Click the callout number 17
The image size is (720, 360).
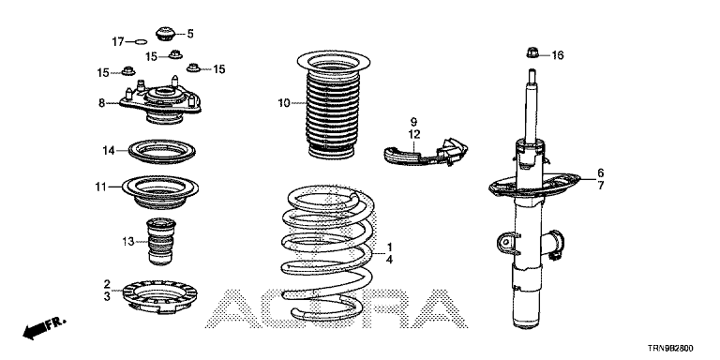(x=118, y=42)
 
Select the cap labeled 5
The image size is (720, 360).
(x=165, y=34)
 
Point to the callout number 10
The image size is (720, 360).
(x=284, y=103)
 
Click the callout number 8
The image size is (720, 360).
(x=102, y=103)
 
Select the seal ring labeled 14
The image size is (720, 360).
(x=161, y=151)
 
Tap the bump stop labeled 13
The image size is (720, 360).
(x=160, y=242)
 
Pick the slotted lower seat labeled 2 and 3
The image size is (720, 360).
(x=159, y=296)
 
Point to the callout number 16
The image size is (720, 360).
(x=558, y=55)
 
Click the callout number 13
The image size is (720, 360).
(x=128, y=241)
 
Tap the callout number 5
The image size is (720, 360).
(x=190, y=34)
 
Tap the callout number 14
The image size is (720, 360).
(x=109, y=150)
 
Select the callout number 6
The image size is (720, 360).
(x=601, y=173)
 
